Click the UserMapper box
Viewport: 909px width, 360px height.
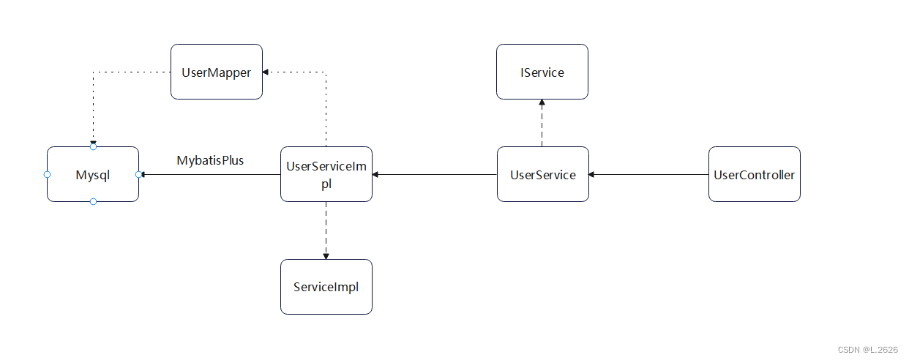pos(216,72)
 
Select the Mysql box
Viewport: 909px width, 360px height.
pos(92,174)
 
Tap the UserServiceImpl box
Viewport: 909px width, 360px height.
pos(326,174)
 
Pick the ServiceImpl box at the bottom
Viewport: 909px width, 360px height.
pos(326,287)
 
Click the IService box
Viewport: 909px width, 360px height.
pos(542,72)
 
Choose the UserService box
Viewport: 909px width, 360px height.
pos(542,174)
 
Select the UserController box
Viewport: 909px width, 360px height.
pos(754,174)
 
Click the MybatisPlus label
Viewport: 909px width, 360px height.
pos(210,160)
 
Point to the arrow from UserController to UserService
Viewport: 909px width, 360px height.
pos(648,174)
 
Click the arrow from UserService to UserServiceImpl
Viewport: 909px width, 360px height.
pos(435,174)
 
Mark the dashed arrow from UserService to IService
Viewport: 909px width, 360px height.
pos(542,123)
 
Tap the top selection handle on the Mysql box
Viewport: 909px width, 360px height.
pos(93,147)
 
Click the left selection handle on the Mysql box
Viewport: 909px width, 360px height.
pos(47,174)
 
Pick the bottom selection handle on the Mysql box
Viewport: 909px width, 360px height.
pos(93,201)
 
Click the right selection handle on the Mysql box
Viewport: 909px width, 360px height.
pos(138,174)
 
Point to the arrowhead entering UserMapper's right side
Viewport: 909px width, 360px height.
pos(266,72)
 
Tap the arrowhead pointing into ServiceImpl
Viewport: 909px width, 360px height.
pos(326,256)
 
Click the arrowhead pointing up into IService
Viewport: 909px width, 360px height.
pos(542,103)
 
